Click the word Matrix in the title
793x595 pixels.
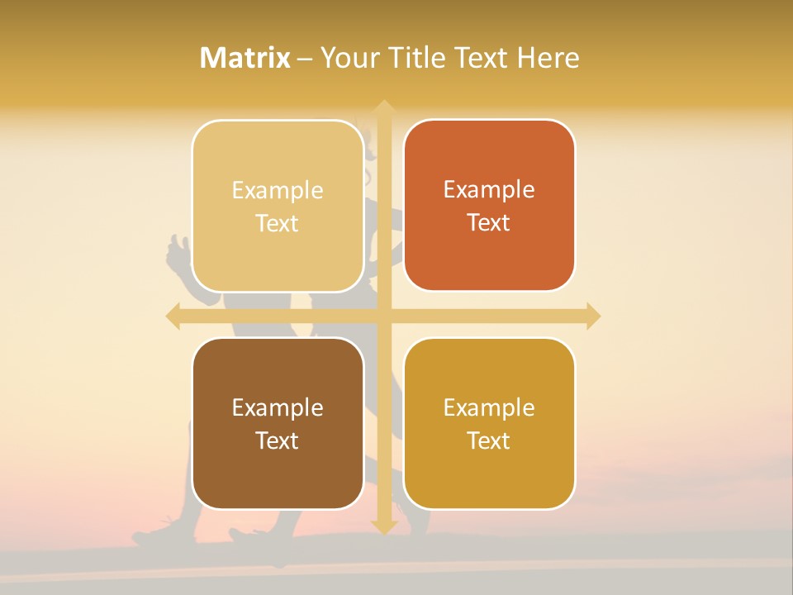click(x=245, y=58)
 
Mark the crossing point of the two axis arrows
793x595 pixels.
click(x=383, y=317)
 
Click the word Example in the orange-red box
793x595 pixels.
click(x=489, y=190)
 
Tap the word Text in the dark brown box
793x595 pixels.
click(x=278, y=441)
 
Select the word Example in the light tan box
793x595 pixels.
click(x=278, y=191)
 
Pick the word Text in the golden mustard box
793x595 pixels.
click(x=489, y=441)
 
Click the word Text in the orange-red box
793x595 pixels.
click(x=489, y=223)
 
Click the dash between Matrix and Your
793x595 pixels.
click(x=305, y=59)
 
